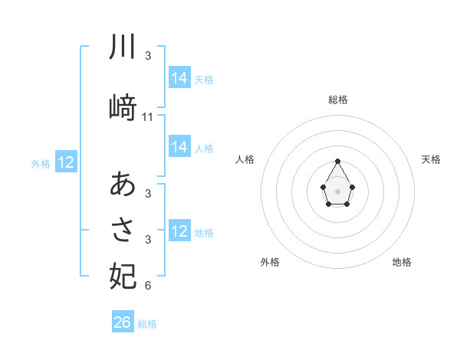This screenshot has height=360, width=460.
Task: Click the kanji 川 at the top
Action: (123, 47)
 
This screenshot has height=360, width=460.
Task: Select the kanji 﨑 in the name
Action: (123, 108)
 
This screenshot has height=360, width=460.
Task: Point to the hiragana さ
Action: (123, 230)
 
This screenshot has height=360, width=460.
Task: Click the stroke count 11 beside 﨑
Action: (148, 117)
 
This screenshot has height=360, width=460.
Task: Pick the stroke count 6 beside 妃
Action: (148, 286)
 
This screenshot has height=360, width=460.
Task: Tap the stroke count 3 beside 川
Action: (148, 56)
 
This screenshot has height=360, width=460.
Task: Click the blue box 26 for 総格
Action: (123, 322)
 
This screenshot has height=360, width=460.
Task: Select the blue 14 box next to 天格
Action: (179, 78)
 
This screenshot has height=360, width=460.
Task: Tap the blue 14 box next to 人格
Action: (179, 147)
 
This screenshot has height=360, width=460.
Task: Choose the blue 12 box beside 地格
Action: (179, 231)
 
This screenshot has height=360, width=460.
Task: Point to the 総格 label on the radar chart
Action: (337, 100)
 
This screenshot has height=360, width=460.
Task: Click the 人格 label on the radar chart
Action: (245, 159)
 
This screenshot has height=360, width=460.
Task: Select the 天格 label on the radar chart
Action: (431, 159)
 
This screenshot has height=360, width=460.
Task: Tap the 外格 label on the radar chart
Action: (270, 262)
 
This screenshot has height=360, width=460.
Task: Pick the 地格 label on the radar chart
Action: (402, 262)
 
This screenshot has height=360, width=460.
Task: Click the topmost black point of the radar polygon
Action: (337, 161)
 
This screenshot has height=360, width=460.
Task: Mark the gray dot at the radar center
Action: (337, 190)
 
